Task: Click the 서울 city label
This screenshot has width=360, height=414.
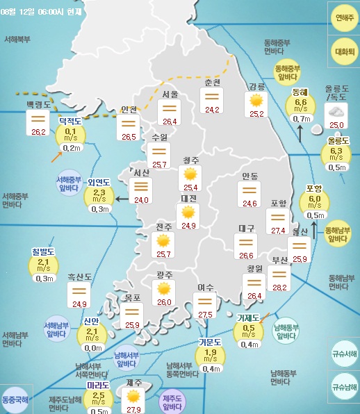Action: pos(170,94)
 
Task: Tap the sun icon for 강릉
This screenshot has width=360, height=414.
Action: pos(257,101)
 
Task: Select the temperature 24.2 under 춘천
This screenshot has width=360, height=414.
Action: pos(212,110)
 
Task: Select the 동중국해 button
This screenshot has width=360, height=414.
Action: pos(17,401)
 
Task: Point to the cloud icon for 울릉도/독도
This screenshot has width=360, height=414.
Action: pos(337,112)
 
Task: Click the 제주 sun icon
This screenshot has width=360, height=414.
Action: pos(133,395)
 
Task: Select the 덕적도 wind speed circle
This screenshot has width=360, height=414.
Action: pos(70,135)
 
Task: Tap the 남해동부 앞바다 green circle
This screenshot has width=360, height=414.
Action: pos(286,331)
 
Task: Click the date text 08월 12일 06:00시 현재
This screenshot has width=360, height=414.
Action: pos(41,12)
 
